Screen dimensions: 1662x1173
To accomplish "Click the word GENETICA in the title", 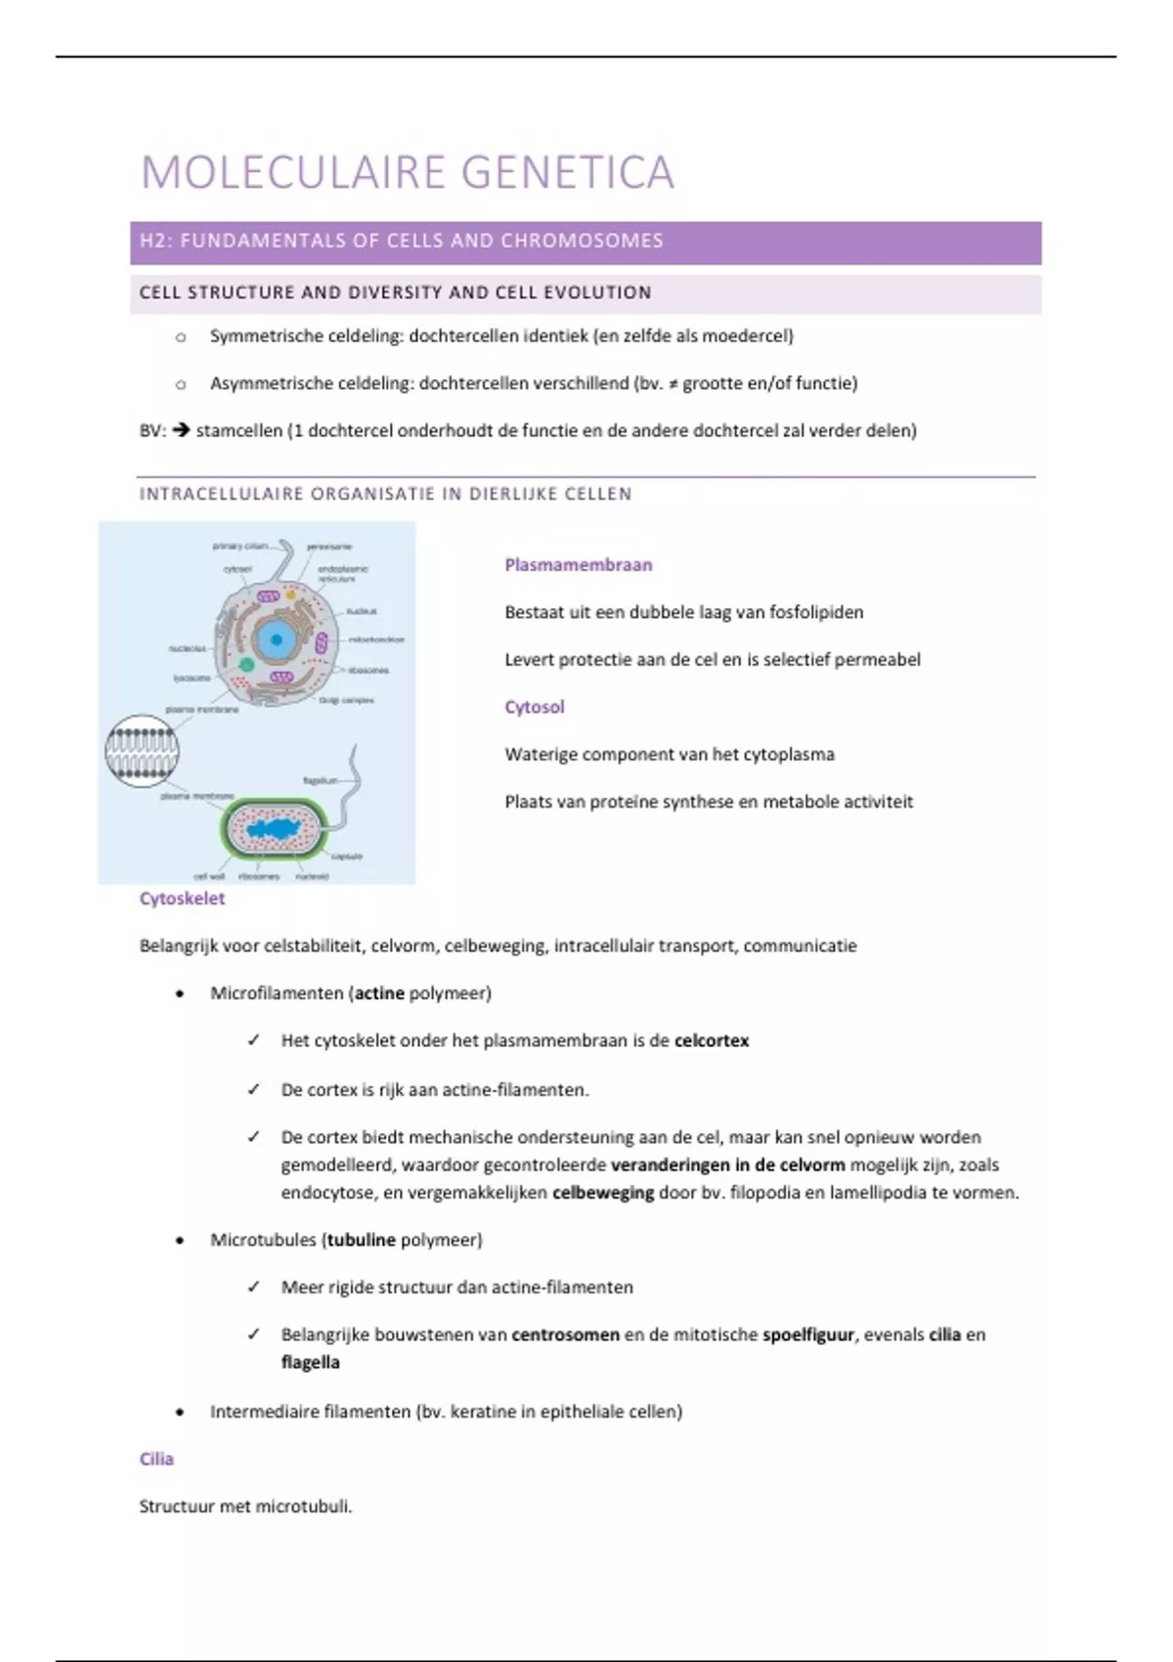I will (567, 173).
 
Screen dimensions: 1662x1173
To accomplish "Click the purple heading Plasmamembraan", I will (578, 565).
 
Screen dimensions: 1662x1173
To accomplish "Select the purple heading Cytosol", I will (534, 707).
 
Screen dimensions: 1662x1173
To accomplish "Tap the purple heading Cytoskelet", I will (182, 898).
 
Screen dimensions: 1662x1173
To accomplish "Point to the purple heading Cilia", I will (156, 1459).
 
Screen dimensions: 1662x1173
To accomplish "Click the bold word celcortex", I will (712, 1041).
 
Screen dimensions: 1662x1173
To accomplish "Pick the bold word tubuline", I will (361, 1240).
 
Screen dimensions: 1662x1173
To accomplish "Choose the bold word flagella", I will (310, 1363).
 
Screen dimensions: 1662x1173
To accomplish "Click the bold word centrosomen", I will (565, 1334).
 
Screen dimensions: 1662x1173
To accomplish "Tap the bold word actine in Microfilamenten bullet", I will (379, 993).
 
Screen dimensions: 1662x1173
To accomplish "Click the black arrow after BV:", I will (181, 430).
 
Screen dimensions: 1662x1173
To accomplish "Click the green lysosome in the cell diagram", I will (247, 665).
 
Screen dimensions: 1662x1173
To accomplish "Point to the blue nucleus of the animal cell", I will (277, 640).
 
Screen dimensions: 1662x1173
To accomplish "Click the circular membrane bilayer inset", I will (142, 751).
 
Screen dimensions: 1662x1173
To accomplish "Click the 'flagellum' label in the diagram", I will (320, 780).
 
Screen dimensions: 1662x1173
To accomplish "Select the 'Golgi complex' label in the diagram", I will (346, 700).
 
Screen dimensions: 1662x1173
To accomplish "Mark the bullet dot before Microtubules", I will (180, 1241).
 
